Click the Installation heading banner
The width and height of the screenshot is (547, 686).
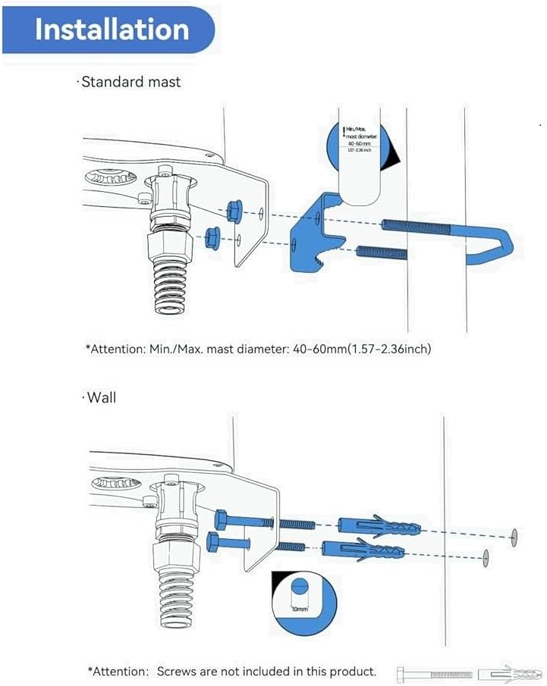tap(111, 30)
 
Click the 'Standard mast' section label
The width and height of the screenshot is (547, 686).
tap(131, 82)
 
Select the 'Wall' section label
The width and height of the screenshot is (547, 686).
tap(99, 396)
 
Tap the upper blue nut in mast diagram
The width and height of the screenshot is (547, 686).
tap(234, 209)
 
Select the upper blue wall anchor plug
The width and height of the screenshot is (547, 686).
tap(380, 525)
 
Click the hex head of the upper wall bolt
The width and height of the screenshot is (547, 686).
tap(222, 520)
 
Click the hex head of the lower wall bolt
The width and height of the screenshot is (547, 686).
tap(212, 543)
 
